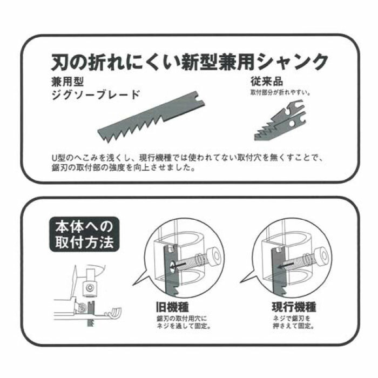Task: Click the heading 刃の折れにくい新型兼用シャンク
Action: [189, 62]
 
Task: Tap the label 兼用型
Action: [63, 83]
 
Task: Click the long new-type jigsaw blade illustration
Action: [151, 119]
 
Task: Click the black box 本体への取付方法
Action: [84, 235]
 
